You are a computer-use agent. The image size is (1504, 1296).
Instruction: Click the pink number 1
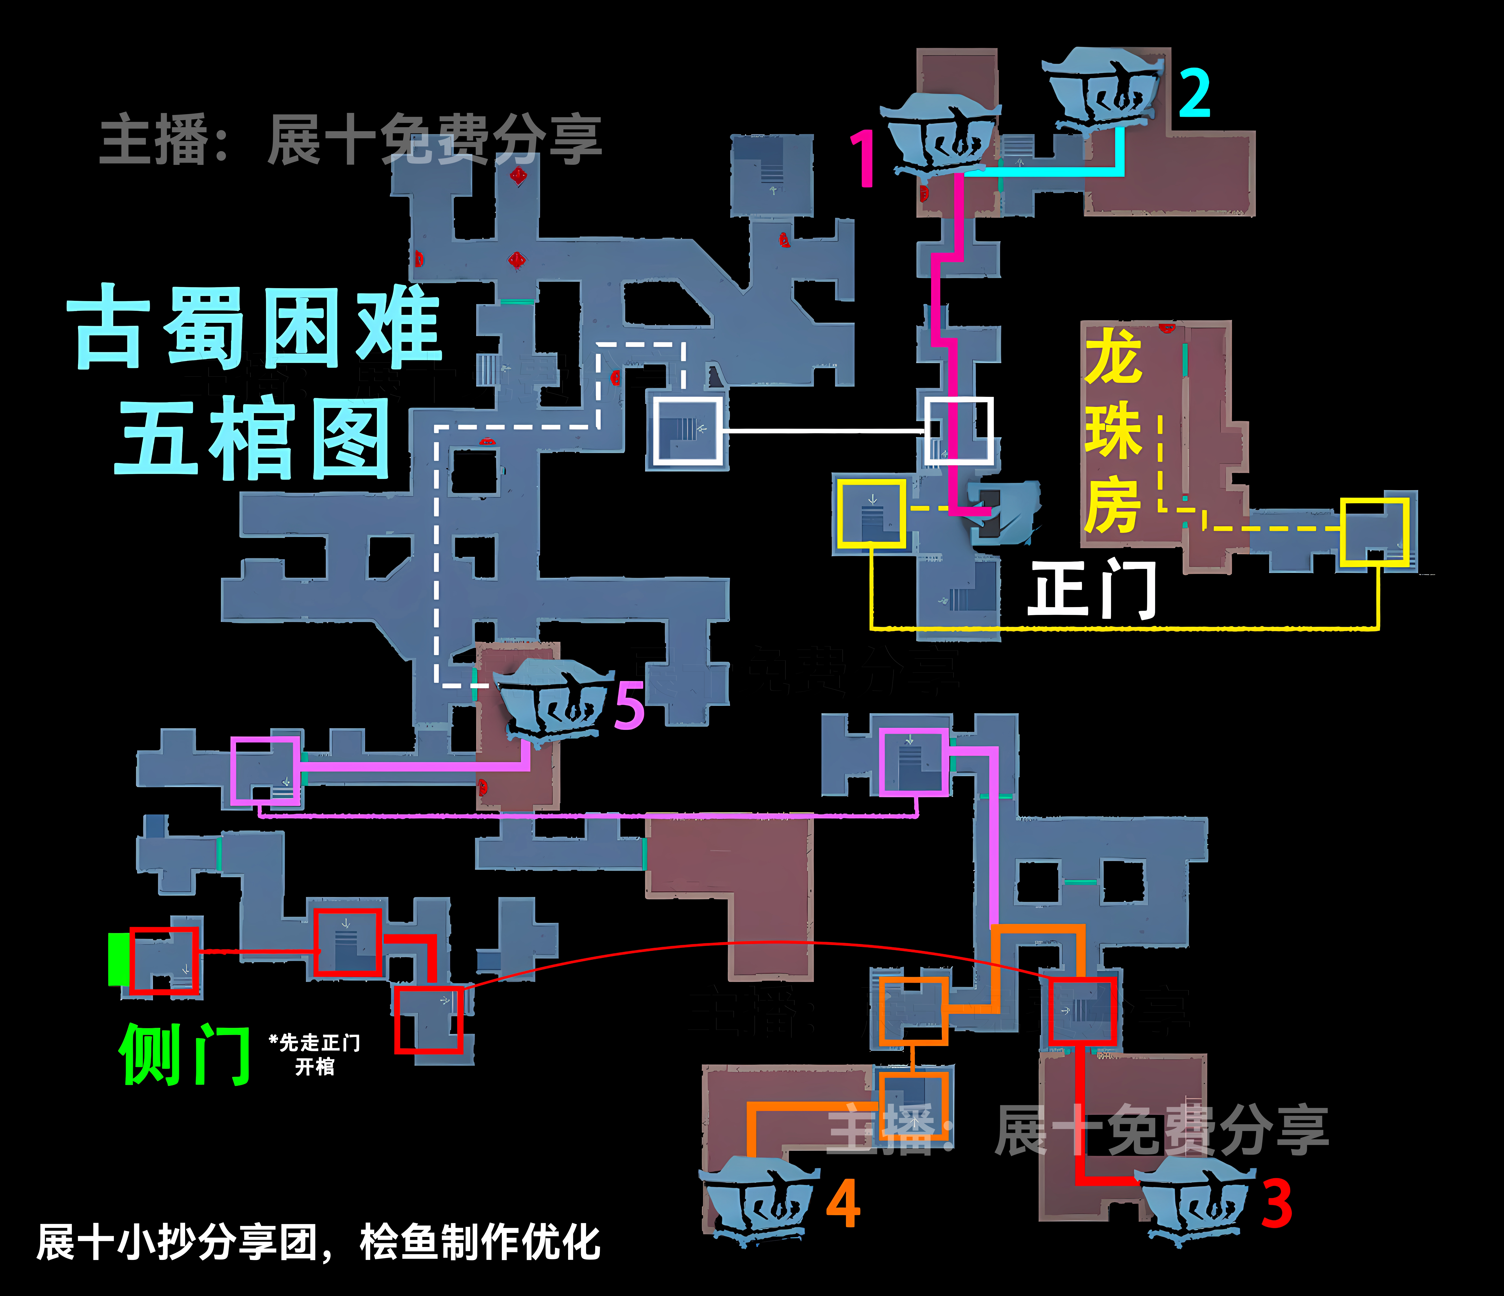click(x=864, y=158)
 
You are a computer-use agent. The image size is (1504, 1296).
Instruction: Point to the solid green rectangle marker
click(x=118, y=959)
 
